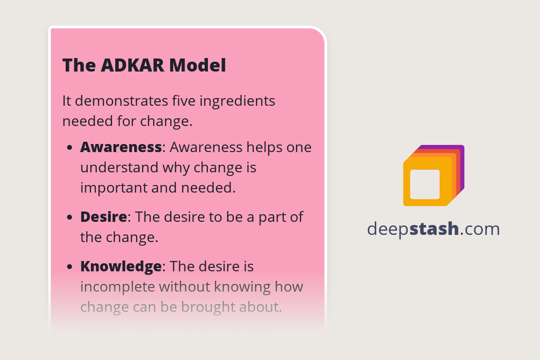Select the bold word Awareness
coord(121,147)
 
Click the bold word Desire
coord(103,217)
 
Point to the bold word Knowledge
coord(121,266)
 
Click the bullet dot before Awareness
coord(69,148)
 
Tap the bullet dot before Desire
coord(69,217)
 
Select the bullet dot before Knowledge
coord(69,267)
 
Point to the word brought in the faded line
coord(205,307)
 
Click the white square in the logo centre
coord(425,184)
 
